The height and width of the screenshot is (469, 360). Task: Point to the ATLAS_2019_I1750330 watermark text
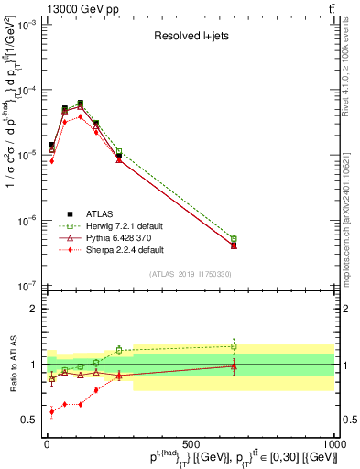tap(191, 274)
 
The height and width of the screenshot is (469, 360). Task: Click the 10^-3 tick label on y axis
tap(25, 26)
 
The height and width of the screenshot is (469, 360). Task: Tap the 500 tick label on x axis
tap(191, 443)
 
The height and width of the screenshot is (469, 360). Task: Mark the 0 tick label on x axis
tap(47, 443)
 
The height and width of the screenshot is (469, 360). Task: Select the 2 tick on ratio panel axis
tap(33, 309)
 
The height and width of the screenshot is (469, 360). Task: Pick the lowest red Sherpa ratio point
tap(52, 412)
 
